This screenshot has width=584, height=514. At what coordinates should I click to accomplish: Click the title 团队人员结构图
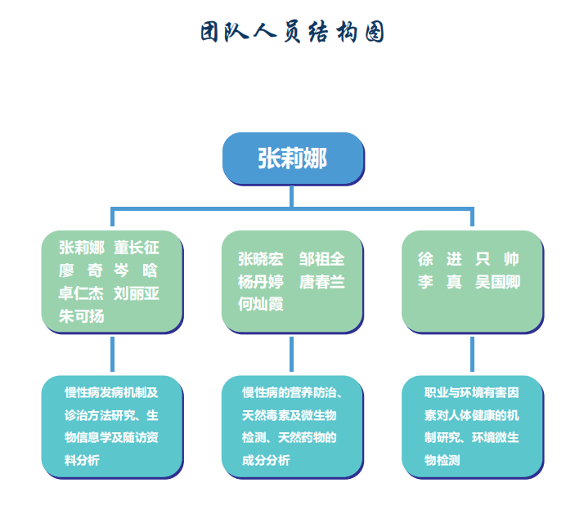coord(292,32)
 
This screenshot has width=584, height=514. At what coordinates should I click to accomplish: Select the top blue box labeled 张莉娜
coord(293,158)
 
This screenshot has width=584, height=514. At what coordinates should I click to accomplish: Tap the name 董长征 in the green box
coord(137,248)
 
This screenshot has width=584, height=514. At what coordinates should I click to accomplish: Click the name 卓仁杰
coord(81,293)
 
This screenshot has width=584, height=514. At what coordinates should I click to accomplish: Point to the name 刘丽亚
coord(137,293)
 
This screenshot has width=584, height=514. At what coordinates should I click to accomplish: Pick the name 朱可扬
coord(81,315)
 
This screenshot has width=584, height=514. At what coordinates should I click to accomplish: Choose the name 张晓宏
coord(260,259)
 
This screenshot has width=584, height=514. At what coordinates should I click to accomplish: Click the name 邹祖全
coord(321,259)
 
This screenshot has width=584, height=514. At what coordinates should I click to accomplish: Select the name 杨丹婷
coord(260,282)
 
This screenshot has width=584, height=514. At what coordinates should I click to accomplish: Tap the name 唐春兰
coord(321,282)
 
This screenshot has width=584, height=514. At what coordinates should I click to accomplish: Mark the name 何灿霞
coord(260,305)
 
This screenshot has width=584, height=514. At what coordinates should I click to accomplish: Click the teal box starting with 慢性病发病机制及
coord(112,425)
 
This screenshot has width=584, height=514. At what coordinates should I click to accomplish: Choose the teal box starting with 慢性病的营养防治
coord(292,425)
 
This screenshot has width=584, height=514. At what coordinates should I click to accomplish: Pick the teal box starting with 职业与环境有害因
coord(472,425)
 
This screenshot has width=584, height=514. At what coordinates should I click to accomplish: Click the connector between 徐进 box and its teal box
coord(472,354)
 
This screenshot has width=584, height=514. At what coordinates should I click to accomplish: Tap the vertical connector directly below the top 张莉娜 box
coord(293,196)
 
